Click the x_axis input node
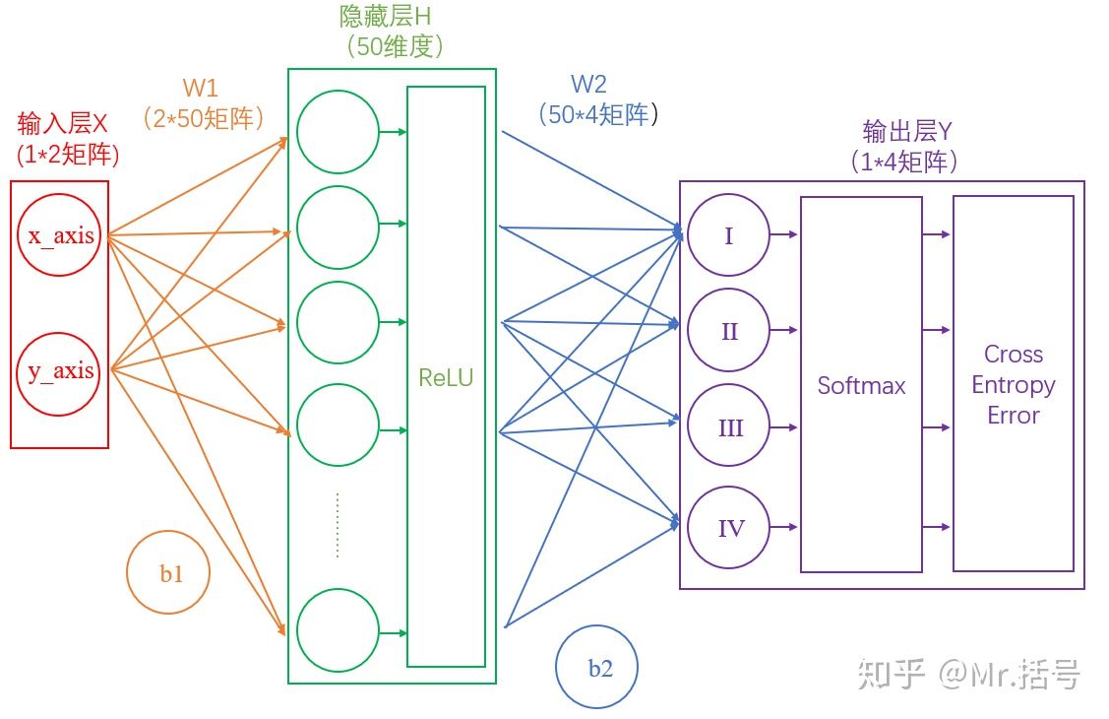pyautogui.click(x=59, y=236)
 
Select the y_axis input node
pyautogui.click(x=59, y=371)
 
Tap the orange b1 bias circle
pyautogui.click(x=169, y=573)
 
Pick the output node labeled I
pyautogui.click(x=728, y=235)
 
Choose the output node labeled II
pyautogui.click(x=728, y=331)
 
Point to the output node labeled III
pyautogui.click(x=728, y=428)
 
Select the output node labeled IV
pyautogui.click(x=728, y=528)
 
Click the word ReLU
pyautogui.click(x=446, y=376)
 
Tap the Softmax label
pyautogui.click(x=861, y=385)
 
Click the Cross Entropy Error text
pyautogui.click(x=1013, y=384)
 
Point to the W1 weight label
pyautogui.click(x=200, y=88)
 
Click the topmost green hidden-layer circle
pyautogui.click(x=338, y=132)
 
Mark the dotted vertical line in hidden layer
pyautogui.click(x=338, y=525)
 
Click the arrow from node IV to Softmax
pyautogui.click(x=783, y=528)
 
